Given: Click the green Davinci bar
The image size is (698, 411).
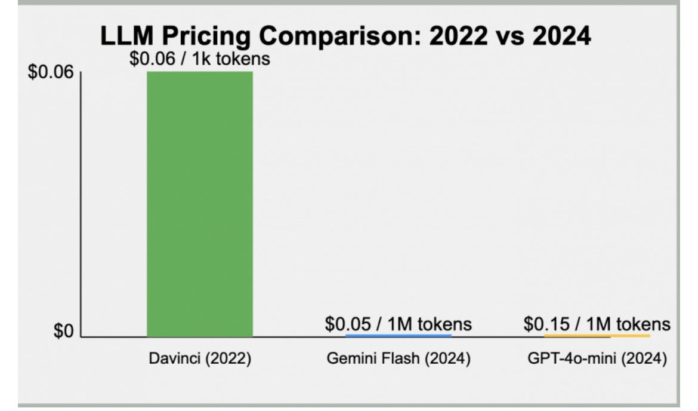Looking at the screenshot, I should click(x=200, y=203).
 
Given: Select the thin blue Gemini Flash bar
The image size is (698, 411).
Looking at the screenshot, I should click(x=398, y=336).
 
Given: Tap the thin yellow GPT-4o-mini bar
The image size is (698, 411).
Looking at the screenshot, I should click(x=597, y=336).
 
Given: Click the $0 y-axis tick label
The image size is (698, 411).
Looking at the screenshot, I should click(x=63, y=332).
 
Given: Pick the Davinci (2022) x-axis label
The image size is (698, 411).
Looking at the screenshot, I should click(x=200, y=360).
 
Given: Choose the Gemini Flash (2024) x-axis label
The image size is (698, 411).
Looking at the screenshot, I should click(x=399, y=360).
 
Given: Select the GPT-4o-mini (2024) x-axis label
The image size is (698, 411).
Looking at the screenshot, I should click(x=597, y=360).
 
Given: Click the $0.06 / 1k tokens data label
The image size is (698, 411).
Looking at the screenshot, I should click(x=200, y=60).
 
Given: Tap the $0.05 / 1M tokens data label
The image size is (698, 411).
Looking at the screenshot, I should click(x=398, y=324).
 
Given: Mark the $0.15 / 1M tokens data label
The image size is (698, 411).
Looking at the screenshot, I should click(x=597, y=324).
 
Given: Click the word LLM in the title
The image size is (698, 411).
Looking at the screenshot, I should click(x=122, y=37).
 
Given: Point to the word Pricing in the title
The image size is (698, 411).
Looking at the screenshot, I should click(x=196, y=37).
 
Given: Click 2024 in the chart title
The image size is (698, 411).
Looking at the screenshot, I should click(x=559, y=37).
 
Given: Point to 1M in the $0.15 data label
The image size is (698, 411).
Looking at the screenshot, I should click(x=598, y=324).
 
